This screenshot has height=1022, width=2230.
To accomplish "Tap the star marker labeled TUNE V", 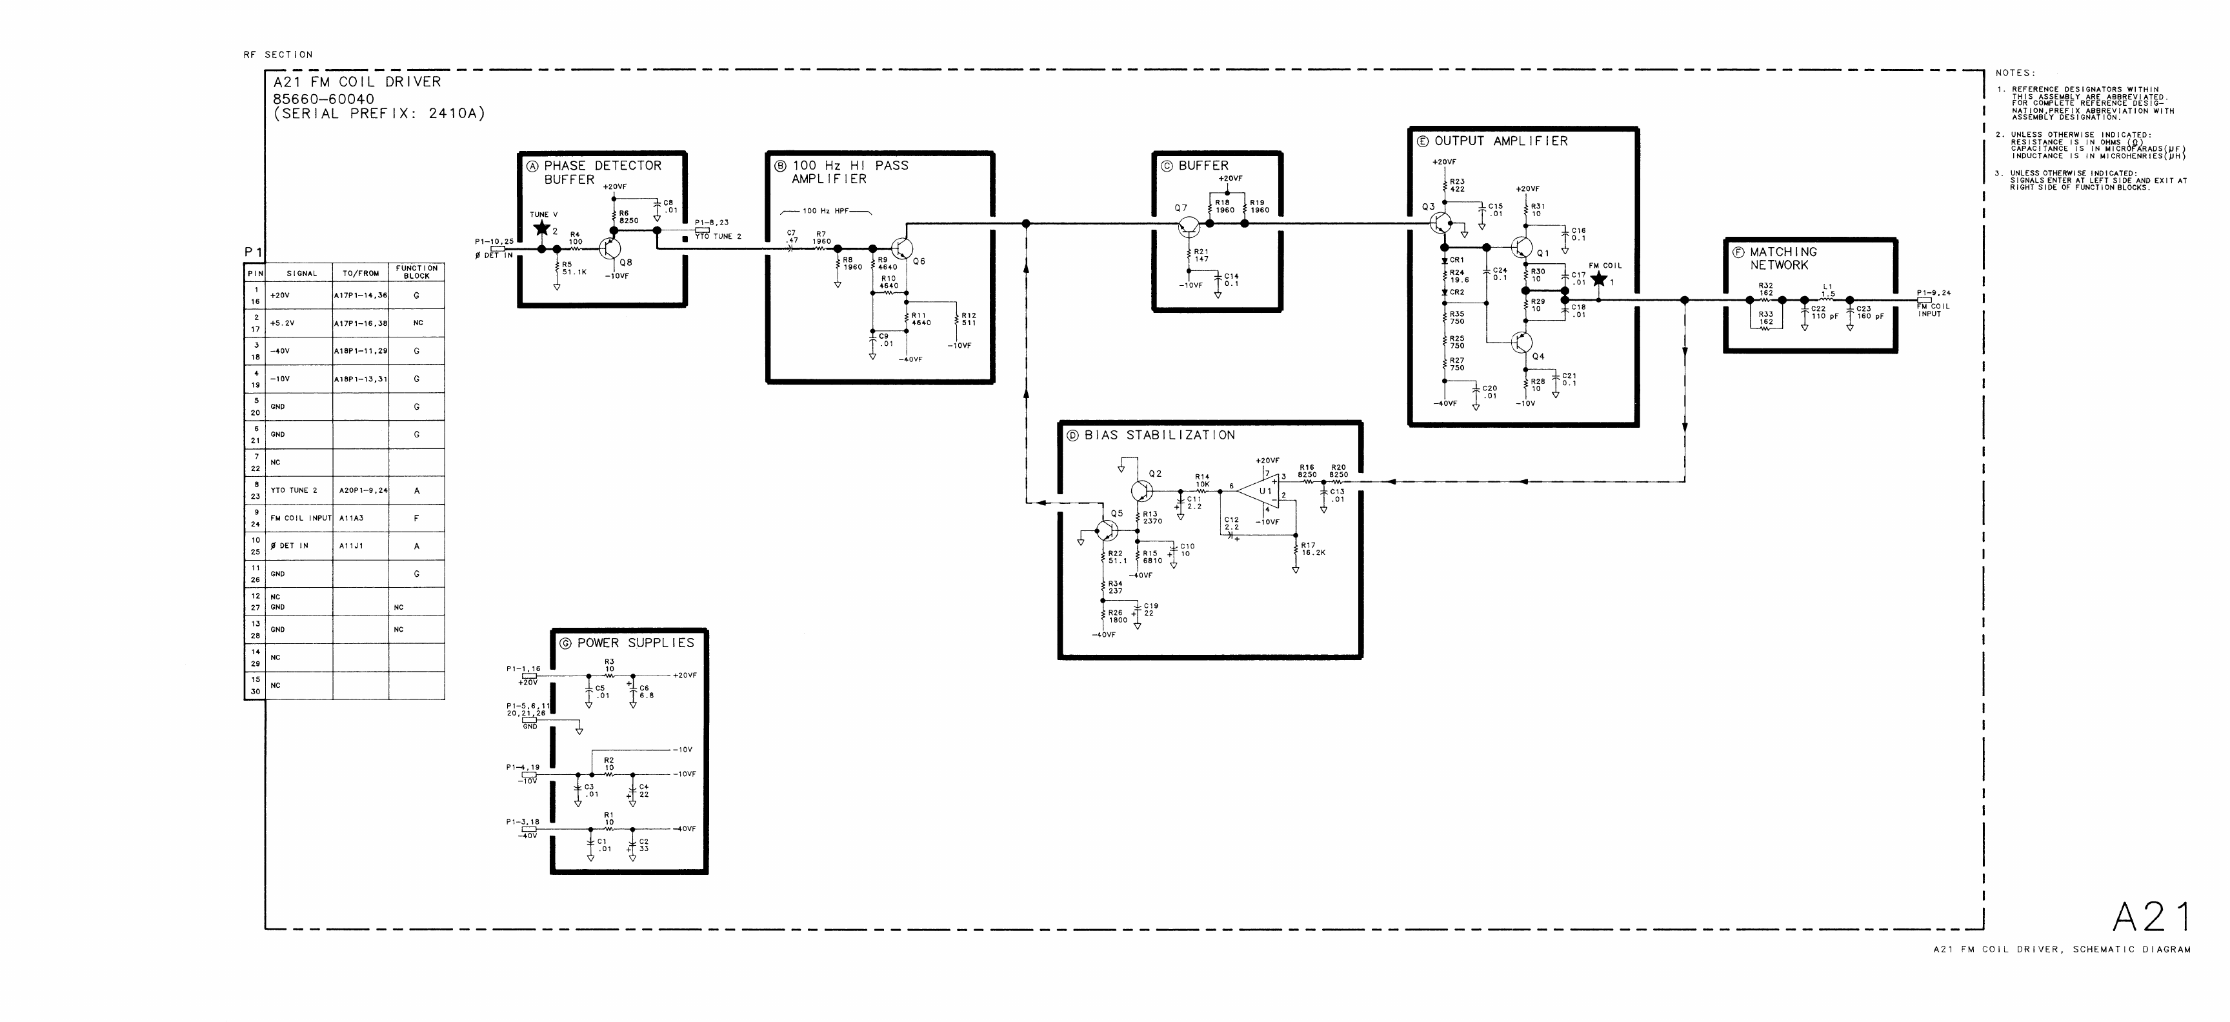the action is tap(543, 228).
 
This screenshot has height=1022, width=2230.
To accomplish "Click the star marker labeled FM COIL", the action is tap(1599, 279).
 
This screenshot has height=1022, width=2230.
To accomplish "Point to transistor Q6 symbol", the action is tap(901, 249).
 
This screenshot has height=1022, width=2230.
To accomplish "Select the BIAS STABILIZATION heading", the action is tap(1159, 436).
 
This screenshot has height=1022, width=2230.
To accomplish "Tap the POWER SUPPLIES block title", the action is tap(636, 643).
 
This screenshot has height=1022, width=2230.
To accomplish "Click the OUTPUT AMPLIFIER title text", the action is tap(1500, 141).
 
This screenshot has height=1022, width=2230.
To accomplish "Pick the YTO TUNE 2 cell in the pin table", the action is tap(294, 490).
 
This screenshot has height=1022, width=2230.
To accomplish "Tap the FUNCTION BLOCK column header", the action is tap(416, 272).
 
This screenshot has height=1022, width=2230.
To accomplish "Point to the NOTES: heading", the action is tap(2015, 74).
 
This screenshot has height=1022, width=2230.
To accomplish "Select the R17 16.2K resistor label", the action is tap(1313, 548).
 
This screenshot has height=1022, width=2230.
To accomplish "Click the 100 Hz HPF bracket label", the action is tap(826, 211).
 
